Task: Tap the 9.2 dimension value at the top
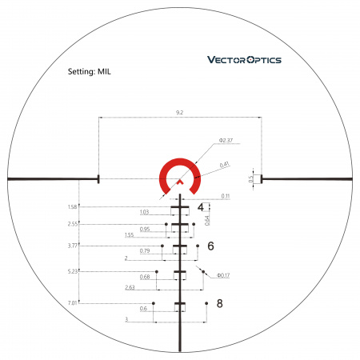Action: (x=181, y=113)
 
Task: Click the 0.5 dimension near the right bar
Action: (x=251, y=179)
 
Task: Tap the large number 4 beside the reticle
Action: (x=201, y=209)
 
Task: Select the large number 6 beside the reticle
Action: (x=210, y=246)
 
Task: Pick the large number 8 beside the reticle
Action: (x=219, y=303)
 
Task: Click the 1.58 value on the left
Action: (x=74, y=207)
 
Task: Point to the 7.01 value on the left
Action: (x=74, y=303)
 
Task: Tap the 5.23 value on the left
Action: (x=74, y=271)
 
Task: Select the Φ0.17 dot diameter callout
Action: (x=222, y=277)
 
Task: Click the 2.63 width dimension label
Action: (x=129, y=286)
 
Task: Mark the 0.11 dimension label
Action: (x=226, y=196)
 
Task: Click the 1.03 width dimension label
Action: (x=144, y=212)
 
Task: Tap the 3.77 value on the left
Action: (x=74, y=246)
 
